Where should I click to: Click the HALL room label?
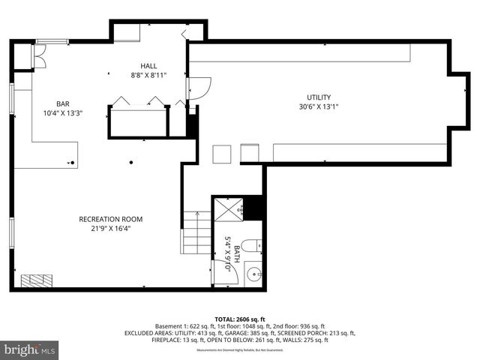(x=148, y=66)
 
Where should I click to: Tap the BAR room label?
(x=62, y=104)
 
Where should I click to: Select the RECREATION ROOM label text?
(x=110, y=219)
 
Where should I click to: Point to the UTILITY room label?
(x=318, y=97)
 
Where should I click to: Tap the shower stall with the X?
(x=228, y=209)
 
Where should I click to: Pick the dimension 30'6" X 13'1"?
(x=318, y=106)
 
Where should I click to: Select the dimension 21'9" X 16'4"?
(x=110, y=229)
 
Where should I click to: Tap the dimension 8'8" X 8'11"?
(x=148, y=75)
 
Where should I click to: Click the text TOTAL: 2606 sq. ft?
(x=239, y=319)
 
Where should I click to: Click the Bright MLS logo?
(x=30, y=349)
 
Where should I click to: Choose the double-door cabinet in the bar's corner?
(x=37, y=55)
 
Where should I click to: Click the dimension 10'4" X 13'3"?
(x=62, y=114)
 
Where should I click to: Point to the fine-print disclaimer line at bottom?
(x=239, y=350)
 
